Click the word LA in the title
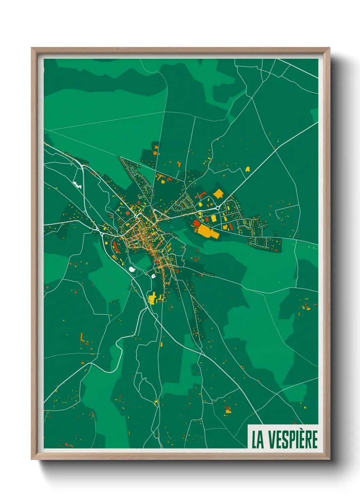point(258,440)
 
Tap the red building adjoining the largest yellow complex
point(196,223)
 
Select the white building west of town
point(77,184)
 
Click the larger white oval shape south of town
point(132,269)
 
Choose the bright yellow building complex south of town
point(152,298)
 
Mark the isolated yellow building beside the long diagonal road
point(248,169)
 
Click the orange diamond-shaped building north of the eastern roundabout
point(218,194)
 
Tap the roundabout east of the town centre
point(218,208)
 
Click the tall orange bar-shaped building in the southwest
point(82,337)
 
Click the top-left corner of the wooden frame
point(32,48)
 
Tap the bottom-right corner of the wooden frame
point(329,459)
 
